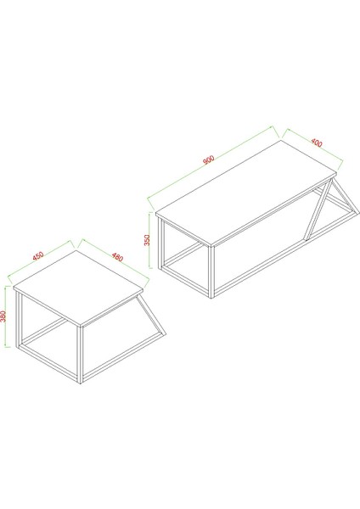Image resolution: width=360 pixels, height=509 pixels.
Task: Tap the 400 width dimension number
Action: [x=316, y=142]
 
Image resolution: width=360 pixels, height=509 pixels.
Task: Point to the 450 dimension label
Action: [x=38, y=255]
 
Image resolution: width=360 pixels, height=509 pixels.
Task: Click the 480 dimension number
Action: [x=116, y=258]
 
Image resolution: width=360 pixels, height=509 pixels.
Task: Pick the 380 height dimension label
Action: [x=5, y=316]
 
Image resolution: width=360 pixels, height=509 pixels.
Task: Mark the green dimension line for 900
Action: [x=212, y=165]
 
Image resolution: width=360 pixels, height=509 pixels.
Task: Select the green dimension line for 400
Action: [x=312, y=148]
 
